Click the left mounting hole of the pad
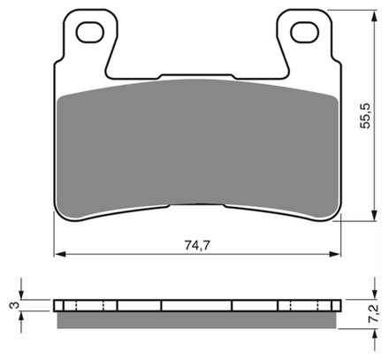pos(90,32)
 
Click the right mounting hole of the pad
pos(305,32)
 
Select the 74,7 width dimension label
pos(197,245)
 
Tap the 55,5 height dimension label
pos(365,116)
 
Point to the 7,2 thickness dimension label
pos(373,313)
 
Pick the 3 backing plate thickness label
pos(14,305)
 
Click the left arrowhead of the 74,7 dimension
pos(60,254)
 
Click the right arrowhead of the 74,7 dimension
pos(334,254)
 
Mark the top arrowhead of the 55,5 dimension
pos(374,16)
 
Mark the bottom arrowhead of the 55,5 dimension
pos(374,215)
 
